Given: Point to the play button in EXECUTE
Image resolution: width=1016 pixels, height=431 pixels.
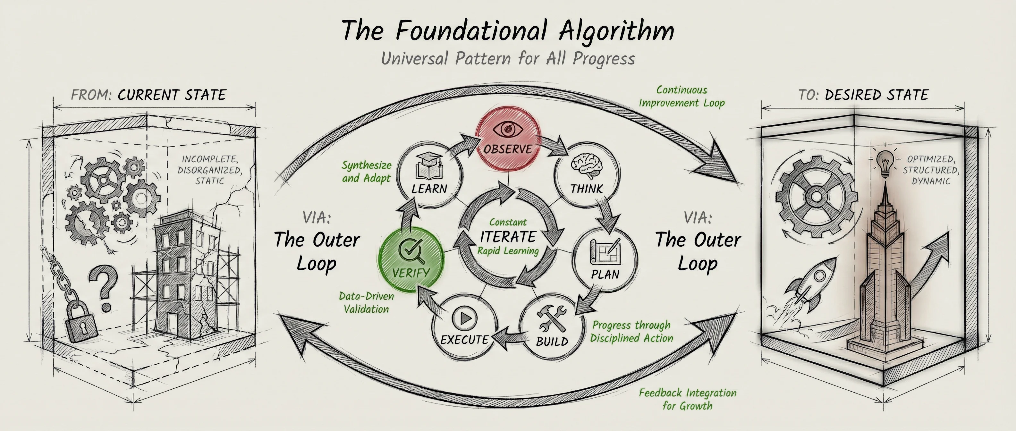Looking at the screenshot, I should pos(465,318).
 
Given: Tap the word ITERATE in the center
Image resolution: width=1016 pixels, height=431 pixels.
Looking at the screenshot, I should pos(508,237).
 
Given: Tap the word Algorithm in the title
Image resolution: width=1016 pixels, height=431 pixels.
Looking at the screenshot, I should pos(616,31).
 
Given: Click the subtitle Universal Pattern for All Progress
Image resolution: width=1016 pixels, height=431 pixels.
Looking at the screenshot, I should pos(508,59).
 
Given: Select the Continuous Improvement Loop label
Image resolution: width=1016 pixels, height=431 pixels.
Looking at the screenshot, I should pos(682,97).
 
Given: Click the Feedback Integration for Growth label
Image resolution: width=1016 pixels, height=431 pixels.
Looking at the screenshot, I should pos(688,399).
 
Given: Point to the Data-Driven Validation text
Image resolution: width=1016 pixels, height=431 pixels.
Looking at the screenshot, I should pos(366,302).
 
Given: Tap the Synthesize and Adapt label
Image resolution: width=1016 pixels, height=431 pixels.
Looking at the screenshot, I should pos(366,172).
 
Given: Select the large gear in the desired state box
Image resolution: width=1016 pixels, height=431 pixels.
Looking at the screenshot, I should pos(817,196).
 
